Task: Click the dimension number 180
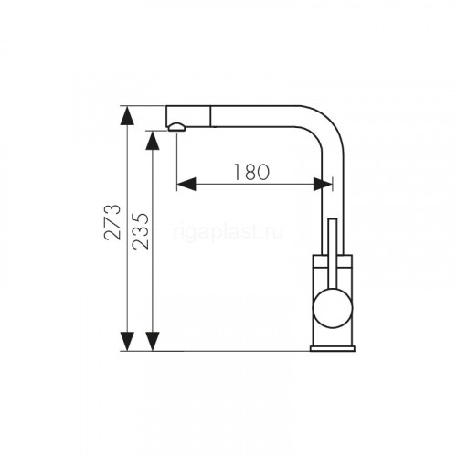point(251,172)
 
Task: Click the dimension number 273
point(112,222)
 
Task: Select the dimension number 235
point(141,231)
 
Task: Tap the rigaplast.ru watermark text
point(228,233)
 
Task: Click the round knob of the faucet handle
point(333,308)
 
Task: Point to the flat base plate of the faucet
point(333,348)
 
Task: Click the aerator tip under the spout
point(176,127)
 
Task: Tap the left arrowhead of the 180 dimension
point(186,185)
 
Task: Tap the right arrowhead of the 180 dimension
point(323,185)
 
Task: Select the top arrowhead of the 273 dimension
point(127,115)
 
